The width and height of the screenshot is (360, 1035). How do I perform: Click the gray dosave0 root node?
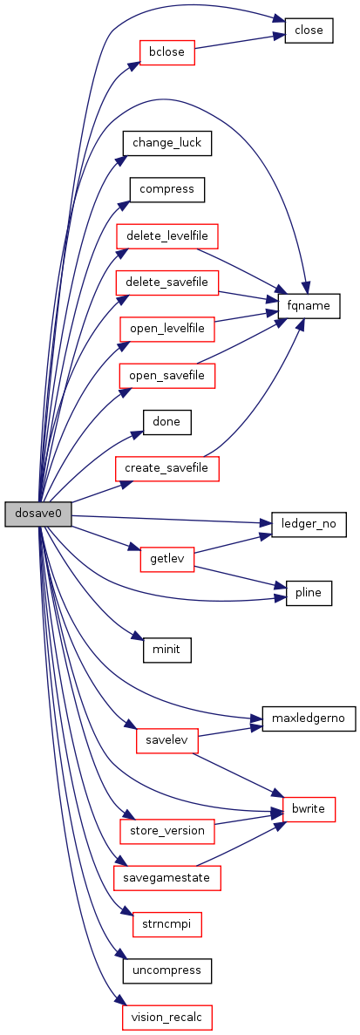tap(38, 514)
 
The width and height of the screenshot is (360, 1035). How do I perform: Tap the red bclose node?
tap(166, 52)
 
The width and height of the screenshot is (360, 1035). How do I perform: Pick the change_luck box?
tap(166, 143)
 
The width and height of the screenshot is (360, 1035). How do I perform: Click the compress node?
tap(166, 189)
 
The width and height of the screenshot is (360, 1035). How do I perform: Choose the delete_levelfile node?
tap(166, 235)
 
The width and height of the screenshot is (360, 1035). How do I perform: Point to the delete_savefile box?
tap(166, 282)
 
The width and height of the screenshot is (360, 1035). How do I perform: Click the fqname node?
tap(309, 306)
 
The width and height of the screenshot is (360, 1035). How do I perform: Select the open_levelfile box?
tap(166, 328)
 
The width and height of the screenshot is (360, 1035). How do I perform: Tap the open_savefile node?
tap(166, 376)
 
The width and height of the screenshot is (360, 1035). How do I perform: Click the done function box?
tap(166, 422)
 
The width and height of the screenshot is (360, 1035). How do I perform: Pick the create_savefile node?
tap(166, 468)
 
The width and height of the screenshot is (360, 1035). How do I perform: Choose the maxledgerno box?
tap(309, 718)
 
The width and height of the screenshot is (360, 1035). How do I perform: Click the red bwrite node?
tap(309, 810)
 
